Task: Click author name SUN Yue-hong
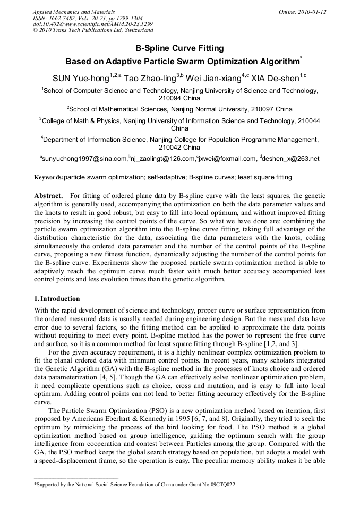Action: [x=80, y=78]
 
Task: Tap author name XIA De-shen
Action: [x=275, y=78]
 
